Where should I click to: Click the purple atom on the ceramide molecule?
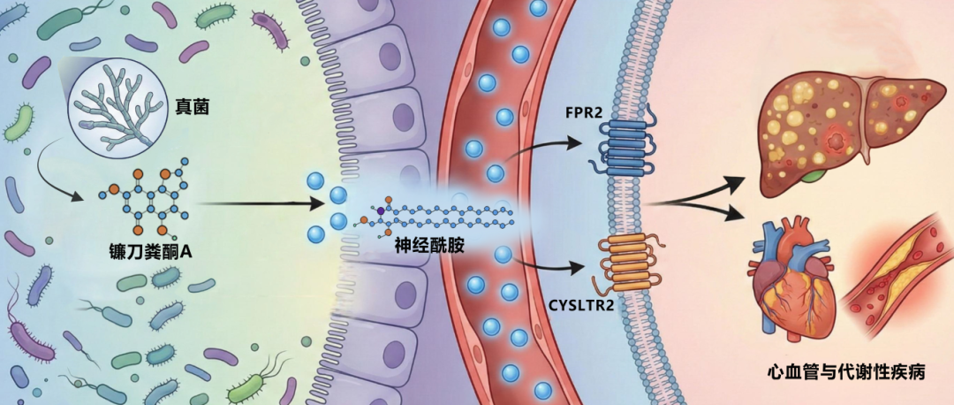[381, 211]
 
